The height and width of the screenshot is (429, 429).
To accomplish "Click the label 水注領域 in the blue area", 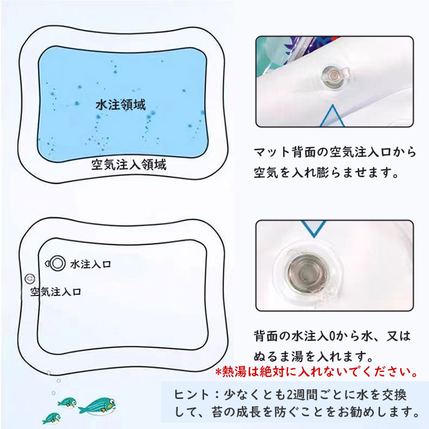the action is click(121, 105).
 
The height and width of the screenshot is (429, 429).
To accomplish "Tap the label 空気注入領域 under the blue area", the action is click(129, 165).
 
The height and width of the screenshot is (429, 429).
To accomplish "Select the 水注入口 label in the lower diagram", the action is click(91, 264).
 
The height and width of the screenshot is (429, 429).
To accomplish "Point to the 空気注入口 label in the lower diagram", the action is click(56, 292).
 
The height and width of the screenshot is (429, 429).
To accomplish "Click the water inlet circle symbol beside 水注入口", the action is click(56, 264).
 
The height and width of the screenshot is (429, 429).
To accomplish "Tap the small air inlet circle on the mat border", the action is click(30, 278).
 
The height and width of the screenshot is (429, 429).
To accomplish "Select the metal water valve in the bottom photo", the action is click(306, 273).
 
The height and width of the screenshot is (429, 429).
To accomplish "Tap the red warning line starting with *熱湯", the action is click(317, 372).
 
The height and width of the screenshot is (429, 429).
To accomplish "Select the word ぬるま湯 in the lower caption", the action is click(278, 356).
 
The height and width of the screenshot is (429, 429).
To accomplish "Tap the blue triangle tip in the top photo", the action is click(332, 105).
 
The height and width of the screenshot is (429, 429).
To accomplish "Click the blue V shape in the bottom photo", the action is click(314, 229).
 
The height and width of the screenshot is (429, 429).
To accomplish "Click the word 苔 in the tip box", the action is click(218, 412).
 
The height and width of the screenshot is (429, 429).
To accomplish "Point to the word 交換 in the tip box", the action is click(394, 395).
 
